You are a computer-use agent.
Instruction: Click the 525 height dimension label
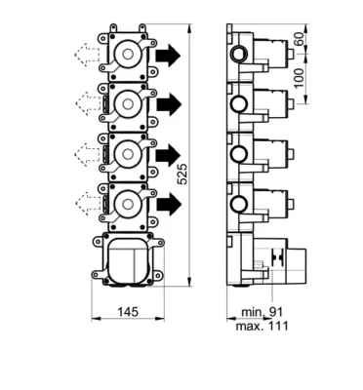pos(182,175)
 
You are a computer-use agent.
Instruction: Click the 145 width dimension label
pos(128,312)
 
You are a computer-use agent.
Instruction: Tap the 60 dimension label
pos(300,39)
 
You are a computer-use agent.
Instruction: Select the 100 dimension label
pos(300,78)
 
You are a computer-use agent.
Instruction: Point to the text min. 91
pos(262,312)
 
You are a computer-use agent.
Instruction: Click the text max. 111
pos(262,326)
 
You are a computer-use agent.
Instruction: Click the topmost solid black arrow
pos(168,56)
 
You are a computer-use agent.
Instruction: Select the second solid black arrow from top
pos(169,104)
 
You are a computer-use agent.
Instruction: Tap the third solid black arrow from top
pos(168,153)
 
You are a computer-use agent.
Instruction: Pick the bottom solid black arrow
pos(169,204)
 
